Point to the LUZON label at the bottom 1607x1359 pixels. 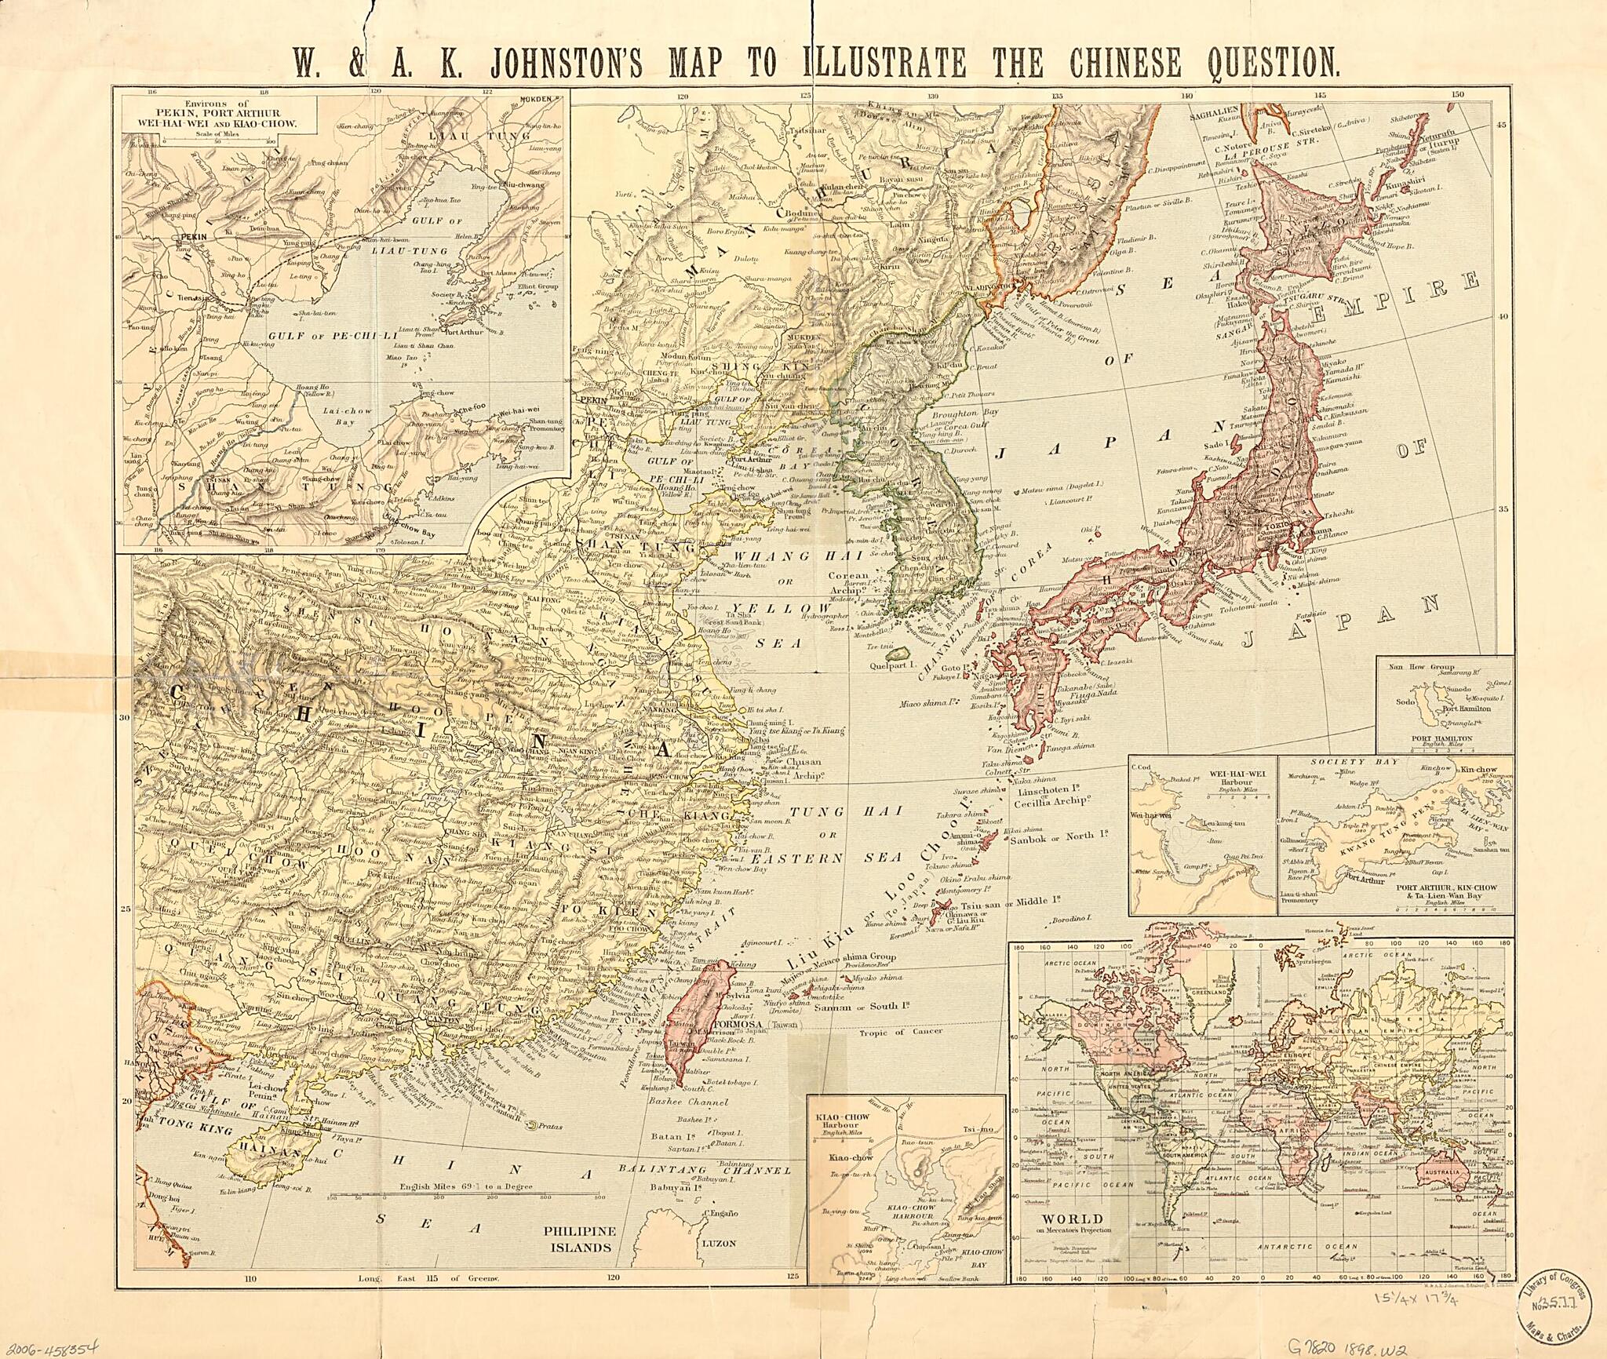pos(717,1244)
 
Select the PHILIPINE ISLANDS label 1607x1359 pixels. pos(580,1238)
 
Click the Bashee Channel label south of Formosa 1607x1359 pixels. pos(687,1102)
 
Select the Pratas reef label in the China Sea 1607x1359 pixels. pos(551,1126)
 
